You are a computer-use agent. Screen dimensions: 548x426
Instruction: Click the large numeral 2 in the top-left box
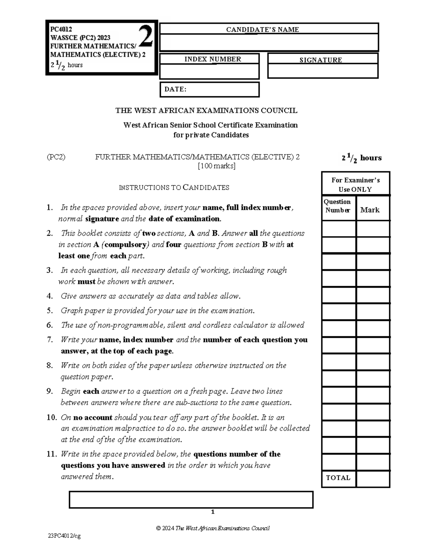pos(146,37)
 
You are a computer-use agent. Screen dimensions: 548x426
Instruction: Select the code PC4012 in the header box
pos(61,29)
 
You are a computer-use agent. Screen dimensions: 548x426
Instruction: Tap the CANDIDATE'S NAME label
pos(262,29)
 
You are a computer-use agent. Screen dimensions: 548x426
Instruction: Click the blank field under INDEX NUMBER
pos(209,71)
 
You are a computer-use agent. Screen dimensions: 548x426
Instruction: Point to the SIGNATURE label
pos(321,60)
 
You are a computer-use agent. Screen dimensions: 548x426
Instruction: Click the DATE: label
pos(175,89)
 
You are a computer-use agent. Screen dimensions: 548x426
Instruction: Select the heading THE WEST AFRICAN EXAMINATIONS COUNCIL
pos(206,111)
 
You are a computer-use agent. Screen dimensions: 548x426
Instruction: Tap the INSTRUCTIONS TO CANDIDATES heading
pos(174,188)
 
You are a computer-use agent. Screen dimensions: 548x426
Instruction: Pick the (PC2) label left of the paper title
pos(56,157)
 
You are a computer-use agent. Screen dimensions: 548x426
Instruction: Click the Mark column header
pos(370,210)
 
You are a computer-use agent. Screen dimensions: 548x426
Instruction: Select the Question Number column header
pos(337,206)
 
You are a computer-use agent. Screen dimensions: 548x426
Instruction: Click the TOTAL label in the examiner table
pos(338,478)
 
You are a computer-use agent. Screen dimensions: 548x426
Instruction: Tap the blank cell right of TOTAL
pos(373,478)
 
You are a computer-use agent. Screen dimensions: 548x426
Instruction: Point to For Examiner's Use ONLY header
pos(355,184)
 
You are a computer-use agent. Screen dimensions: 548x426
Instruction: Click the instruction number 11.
pos(52,454)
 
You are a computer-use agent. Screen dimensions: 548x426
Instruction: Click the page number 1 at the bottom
pos(213,512)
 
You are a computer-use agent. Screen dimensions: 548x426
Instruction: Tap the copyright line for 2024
pos(213,528)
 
